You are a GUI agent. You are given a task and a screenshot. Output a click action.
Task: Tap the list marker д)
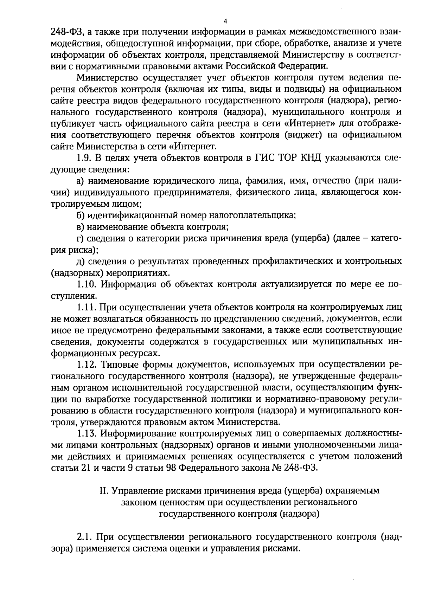pos(81,261)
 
